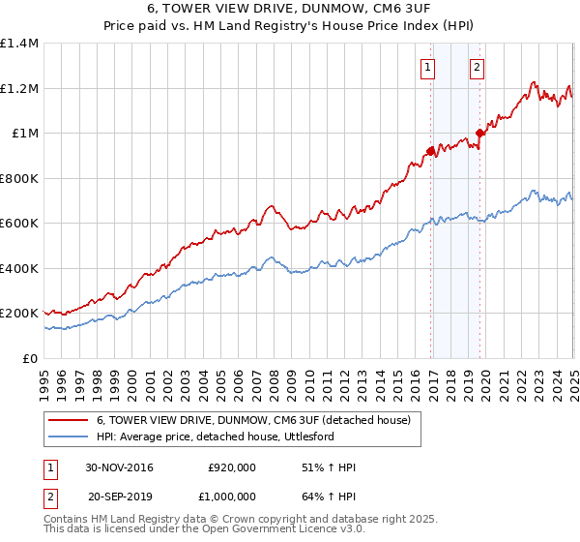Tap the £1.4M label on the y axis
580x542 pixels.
point(19,44)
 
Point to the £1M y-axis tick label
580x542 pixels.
point(25,134)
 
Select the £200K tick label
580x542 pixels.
point(19,314)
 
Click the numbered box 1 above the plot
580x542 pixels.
point(427,67)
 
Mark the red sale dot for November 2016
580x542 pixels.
point(431,150)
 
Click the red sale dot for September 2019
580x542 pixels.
point(480,133)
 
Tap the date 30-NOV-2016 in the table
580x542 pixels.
point(119,467)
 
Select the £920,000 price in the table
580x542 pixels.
point(232,467)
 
